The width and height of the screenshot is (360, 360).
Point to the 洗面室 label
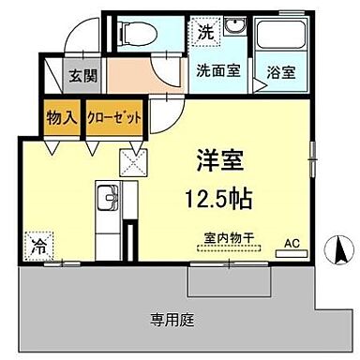[x=216, y=70]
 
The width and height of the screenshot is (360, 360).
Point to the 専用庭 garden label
[x=172, y=321]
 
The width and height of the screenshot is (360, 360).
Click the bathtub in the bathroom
[x=280, y=38]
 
